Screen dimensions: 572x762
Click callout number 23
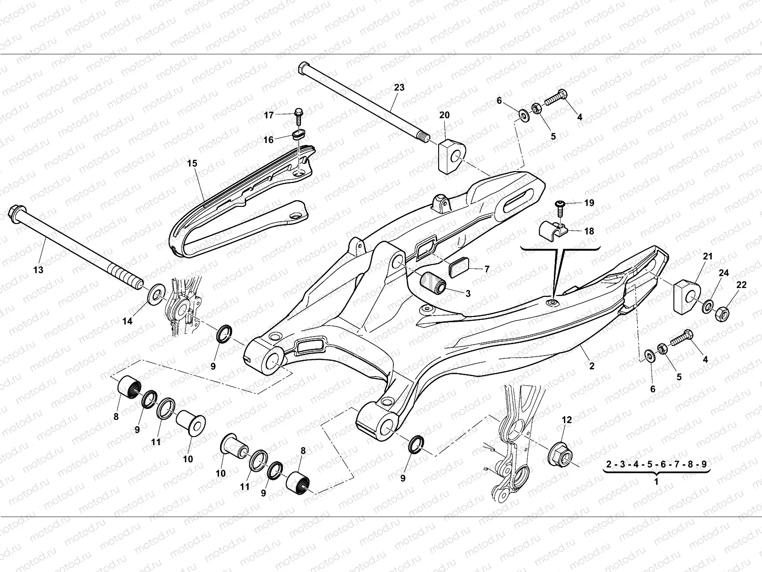(x=399, y=88)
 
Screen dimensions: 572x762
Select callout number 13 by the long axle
(x=39, y=270)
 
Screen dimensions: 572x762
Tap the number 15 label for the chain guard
(x=192, y=163)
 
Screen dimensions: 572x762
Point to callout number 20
(x=444, y=115)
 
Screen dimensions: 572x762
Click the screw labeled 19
(x=561, y=206)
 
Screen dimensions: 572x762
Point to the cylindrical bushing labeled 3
(x=431, y=282)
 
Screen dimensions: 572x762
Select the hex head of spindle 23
(x=304, y=67)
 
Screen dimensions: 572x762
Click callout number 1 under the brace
(x=656, y=481)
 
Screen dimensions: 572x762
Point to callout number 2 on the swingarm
(x=592, y=366)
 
